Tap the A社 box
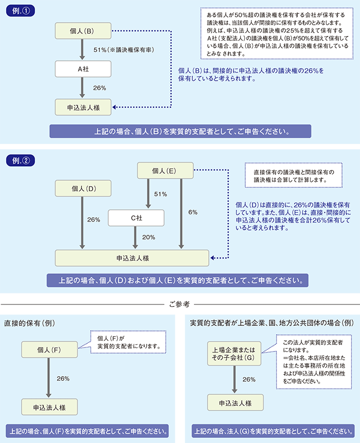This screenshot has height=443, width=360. click(x=82, y=68)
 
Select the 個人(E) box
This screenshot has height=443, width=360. click(x=164, y=170)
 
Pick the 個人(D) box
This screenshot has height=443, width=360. click(x=82, y=189)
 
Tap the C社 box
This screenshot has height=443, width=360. click(x=136, y=218)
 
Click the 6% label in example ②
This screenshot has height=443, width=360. click(x=193, y=212)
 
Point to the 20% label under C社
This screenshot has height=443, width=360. click(x=149, y=237)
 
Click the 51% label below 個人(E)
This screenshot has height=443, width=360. click(x=160, y=194)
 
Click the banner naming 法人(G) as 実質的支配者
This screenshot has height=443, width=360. click(x=269, y=430)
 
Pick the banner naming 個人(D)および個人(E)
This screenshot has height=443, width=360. click(x=177, y=281)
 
